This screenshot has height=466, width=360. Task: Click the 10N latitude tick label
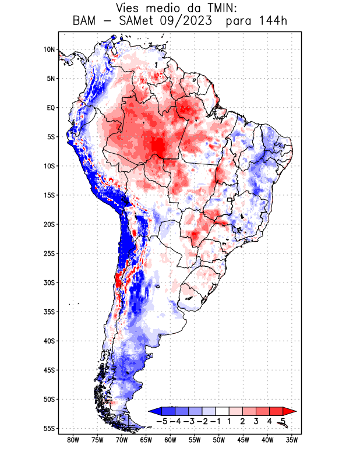coord(49,50)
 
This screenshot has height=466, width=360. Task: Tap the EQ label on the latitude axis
coord(51,108)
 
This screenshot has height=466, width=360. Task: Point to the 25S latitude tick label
coord(49,253)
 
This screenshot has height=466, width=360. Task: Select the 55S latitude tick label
coord(49,428)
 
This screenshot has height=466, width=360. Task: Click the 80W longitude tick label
coord(73,440)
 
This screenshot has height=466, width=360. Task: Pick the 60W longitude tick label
coord(170,440)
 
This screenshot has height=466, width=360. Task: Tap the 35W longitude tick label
coord(292,440)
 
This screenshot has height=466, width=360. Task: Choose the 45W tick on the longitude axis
coord(243,440)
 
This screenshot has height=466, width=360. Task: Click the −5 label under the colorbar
coord(163,421)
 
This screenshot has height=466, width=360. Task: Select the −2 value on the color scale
coord(202,421)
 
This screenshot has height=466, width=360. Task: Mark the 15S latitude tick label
coord(49,195)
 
